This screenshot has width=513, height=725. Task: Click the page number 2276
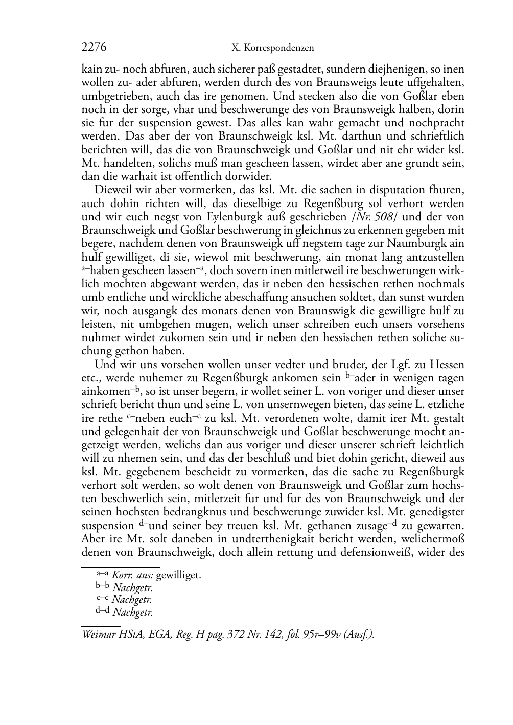pos(94,48)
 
